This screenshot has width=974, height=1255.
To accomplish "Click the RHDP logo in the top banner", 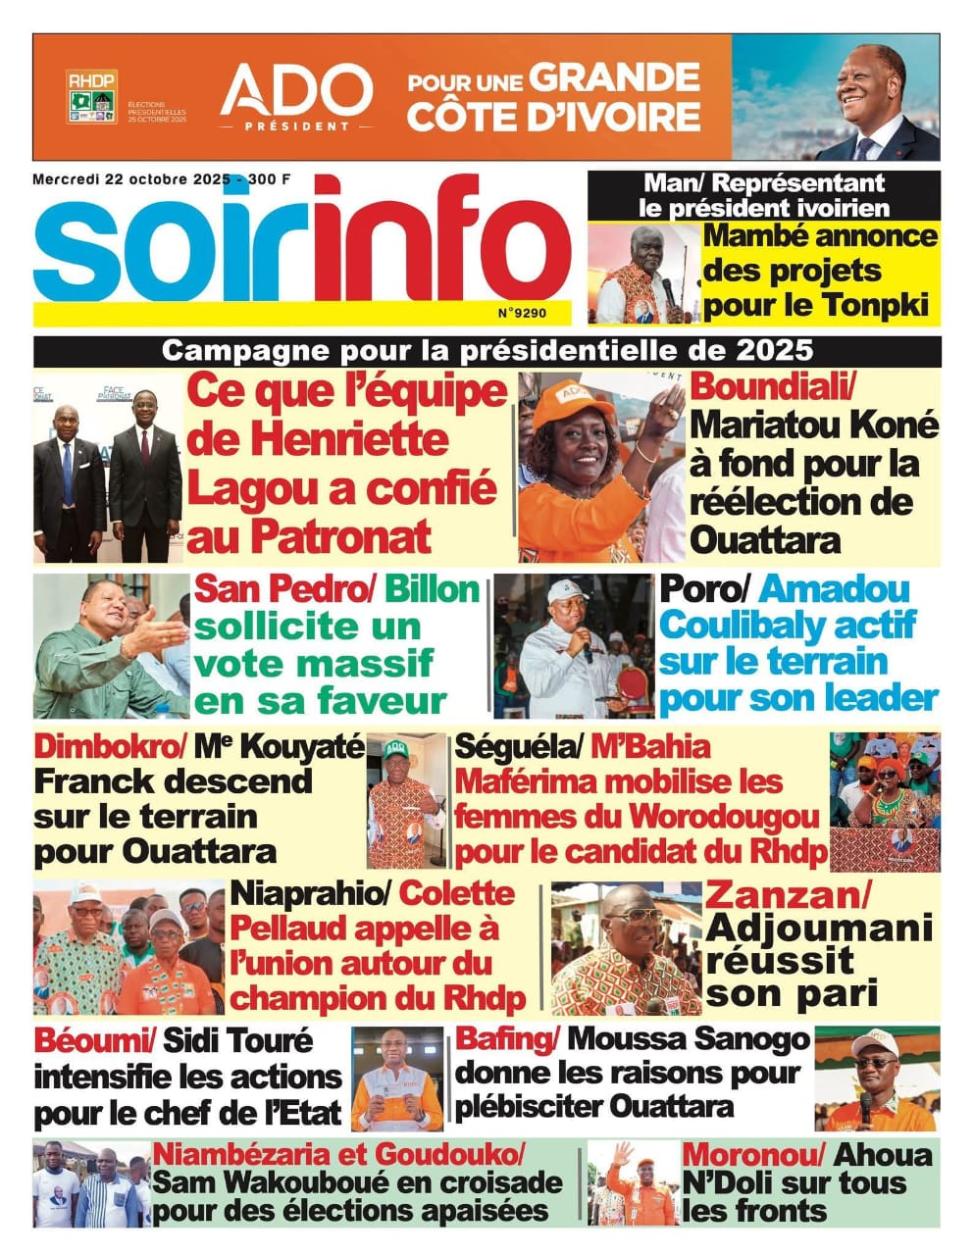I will pos(91,96).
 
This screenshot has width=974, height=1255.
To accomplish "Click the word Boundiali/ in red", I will pos(774,385).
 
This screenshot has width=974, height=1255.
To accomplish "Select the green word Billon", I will pos(432,589).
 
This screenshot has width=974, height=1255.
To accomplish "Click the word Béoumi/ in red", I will pos(94,1039).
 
